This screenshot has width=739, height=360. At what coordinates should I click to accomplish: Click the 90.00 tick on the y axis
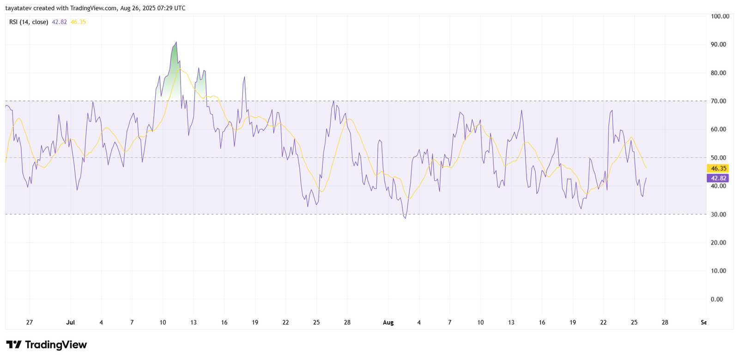[x=718, y=44]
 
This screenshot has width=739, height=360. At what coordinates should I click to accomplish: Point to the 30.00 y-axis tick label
[x=718, y=214]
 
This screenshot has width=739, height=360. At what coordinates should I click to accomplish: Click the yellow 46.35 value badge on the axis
[x=719, y=169]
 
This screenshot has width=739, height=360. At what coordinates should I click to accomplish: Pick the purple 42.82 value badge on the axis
[x=719, y=178]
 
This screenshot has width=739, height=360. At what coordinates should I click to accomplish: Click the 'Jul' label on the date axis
[x=71, y=323]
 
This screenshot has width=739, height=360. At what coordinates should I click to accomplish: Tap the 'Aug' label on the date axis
[x=388, y=323]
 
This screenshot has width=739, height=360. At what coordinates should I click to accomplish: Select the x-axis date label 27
[x=30, y=323]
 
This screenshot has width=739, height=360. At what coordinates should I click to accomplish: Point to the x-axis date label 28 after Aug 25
[x=665, y=323]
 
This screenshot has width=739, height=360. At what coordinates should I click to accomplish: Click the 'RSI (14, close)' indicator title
[x=29, y=22]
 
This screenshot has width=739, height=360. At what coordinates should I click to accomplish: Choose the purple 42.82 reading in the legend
[x=59, y=22]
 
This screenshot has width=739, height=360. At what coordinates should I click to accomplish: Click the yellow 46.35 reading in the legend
[x=78, y=22]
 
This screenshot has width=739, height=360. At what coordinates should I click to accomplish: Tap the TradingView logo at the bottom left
[x=46, y=345]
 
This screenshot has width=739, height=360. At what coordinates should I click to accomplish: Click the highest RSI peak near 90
[x=176, y=42]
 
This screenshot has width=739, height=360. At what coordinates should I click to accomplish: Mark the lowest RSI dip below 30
[x=406, y=218]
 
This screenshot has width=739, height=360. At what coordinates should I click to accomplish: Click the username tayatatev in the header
[x=18, y=8]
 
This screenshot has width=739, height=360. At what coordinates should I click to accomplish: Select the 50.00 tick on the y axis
[x=718, y=158]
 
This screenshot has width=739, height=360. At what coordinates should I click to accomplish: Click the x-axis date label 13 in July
[x=194, y=323]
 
